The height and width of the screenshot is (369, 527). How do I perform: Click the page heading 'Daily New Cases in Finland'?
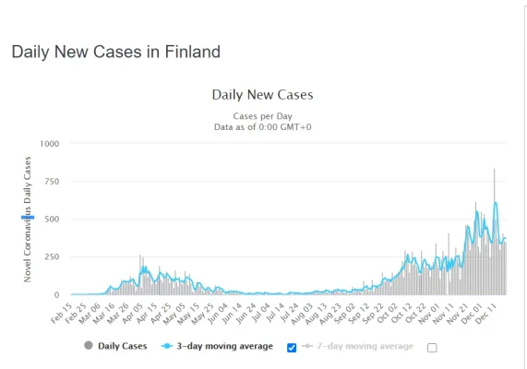[115, 52]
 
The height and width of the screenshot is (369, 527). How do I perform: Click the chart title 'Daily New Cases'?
[262, 94]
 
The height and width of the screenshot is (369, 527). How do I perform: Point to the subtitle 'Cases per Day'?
[262, 116]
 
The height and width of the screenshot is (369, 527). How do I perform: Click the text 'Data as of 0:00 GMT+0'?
[262, 126]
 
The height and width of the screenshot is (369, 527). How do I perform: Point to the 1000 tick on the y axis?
[48, 144]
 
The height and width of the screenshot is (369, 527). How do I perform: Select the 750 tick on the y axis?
[51, 182]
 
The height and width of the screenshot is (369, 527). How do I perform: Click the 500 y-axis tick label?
[51, 220]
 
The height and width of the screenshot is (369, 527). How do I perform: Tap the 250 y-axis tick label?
[51, 257]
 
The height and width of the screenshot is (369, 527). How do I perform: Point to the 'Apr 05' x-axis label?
[133, 311]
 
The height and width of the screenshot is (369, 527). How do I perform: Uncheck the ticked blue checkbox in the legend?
[293, 347]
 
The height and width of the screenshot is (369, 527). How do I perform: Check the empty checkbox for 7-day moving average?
[432, 348]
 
